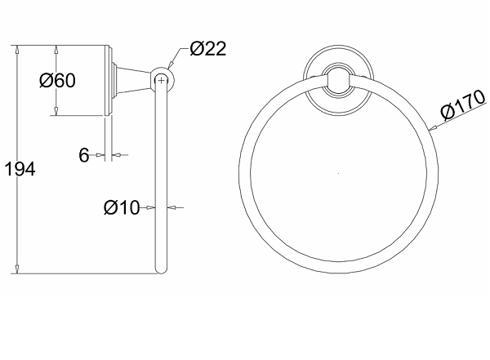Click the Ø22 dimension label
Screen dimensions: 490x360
(x=207, y=49)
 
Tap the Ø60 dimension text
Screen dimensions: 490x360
(x=57, y=80)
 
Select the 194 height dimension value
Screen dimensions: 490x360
(x=20, y=169)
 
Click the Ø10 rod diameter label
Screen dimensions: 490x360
(x=122, y=207)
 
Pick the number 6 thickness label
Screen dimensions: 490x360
(x=84, y=155)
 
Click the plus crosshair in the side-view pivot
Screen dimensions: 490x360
(x=161, y=81)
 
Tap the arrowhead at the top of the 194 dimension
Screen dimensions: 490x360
(x=17, y=49)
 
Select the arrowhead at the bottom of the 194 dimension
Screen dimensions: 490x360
(x=17, y=269)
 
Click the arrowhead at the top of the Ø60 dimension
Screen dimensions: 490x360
(x=56, y=49)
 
